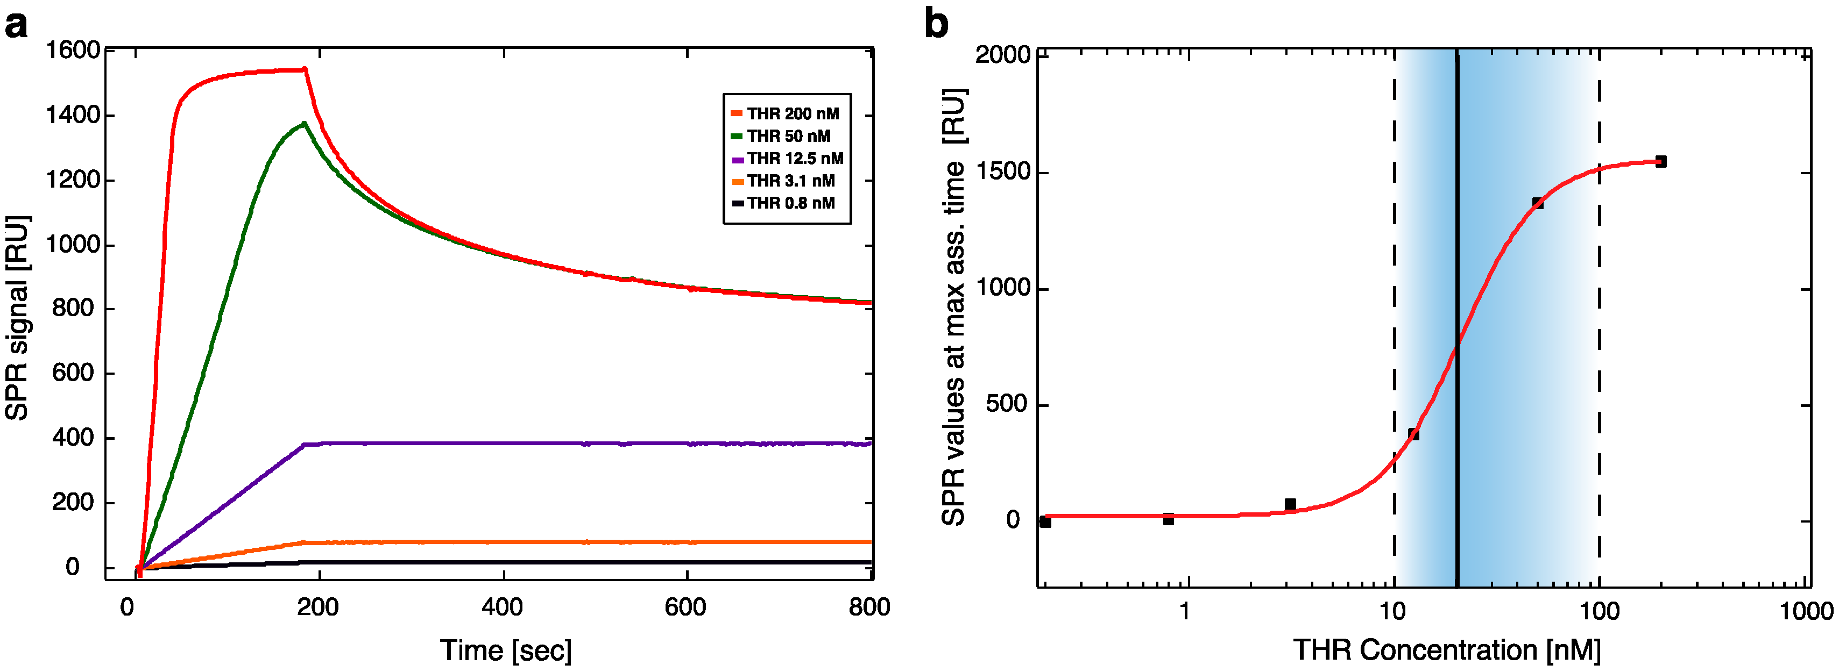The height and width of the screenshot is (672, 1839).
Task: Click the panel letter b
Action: coord(936,24)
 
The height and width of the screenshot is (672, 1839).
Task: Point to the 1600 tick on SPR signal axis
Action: coord(73,50)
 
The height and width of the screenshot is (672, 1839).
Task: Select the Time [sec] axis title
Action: coord(505,650)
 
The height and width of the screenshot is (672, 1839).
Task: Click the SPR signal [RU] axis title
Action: coord(17,317)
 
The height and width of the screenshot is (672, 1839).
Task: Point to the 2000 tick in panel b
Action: coord(1002,55)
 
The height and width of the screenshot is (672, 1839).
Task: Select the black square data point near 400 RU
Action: coord(1413,434)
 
